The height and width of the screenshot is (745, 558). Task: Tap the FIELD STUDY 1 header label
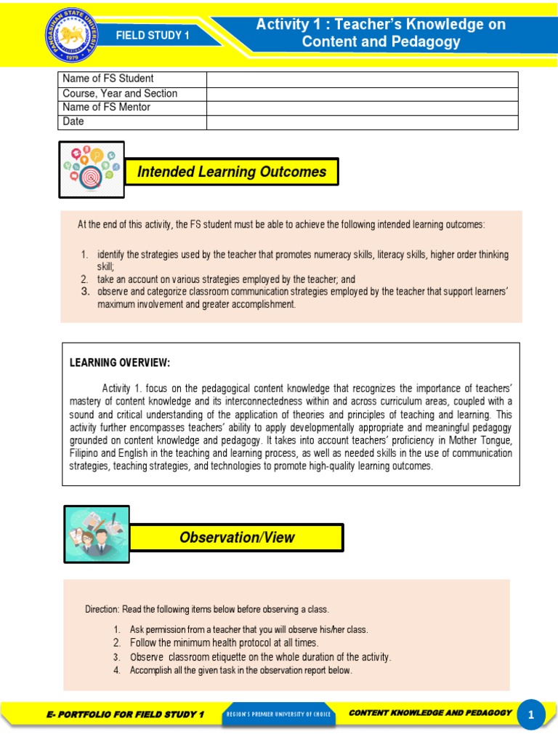point(153,35)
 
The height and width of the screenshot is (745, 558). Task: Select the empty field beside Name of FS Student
point(362,79)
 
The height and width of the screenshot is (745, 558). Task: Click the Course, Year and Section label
point(120,93)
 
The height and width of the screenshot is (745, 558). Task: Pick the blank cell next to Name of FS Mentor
point(362,108)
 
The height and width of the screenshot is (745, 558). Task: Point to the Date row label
point(73,121)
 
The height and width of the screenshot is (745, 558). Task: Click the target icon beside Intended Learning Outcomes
point(92,170)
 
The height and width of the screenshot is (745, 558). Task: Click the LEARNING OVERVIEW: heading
point(119,362)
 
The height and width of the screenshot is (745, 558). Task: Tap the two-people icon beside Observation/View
point(97,535)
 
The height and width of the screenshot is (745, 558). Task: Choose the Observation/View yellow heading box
point(237,537)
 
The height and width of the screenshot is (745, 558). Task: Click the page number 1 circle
point(531,715)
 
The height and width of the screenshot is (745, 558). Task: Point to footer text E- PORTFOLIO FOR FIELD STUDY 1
point(124,714)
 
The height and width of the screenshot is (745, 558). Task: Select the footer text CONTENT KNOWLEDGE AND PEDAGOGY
point(430,713)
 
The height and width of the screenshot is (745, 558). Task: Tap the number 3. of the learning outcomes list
point(84,292)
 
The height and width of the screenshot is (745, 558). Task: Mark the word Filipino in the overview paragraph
point(86,453)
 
